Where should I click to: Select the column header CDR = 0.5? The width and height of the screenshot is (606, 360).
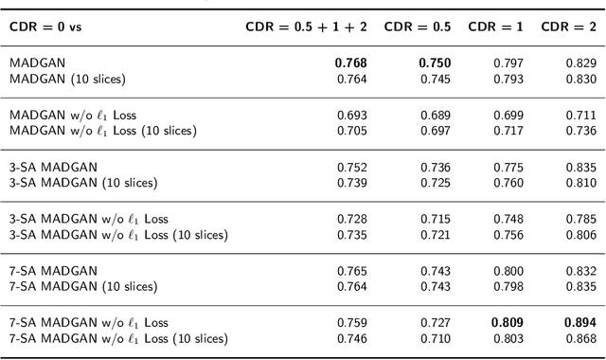pyautogui.click(x=418, y=27)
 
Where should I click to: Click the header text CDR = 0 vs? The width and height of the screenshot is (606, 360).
pyautogui.click(x=45, y=27)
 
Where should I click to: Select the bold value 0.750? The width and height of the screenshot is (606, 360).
pyautogui.click(x=435, y=63)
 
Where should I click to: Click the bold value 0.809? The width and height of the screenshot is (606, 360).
pyautogui.click(x=508, y=322)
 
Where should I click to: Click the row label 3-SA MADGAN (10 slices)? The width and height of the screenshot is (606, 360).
pyautogui.click(x=83, y=182)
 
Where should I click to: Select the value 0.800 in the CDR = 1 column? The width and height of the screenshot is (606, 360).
pyautogui.click(x=508, y=271)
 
